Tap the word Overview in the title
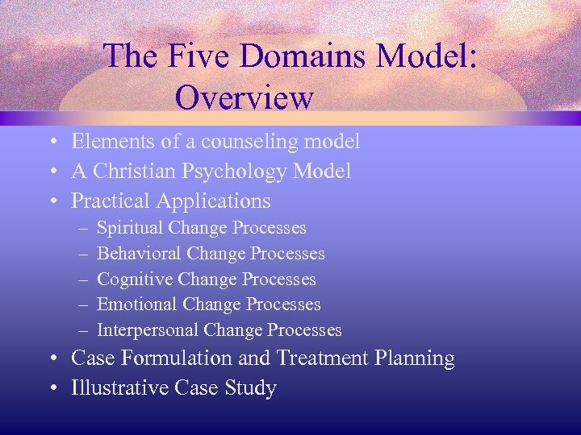coord(244,97)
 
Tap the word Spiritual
coord(130,228)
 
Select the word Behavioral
coord(139,254)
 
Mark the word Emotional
coord(137,304)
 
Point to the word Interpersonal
coord(148,330)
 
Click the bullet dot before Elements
coord(51,143)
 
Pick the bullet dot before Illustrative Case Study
coord(51,389)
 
